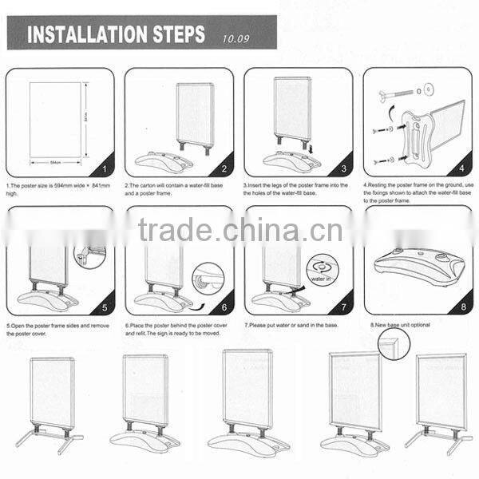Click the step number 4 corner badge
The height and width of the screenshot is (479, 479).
(461, 169)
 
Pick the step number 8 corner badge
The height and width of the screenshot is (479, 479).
(461, 307)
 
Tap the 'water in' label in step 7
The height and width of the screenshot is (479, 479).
(322, 279)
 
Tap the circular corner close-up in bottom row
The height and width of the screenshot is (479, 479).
(394, 344)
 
